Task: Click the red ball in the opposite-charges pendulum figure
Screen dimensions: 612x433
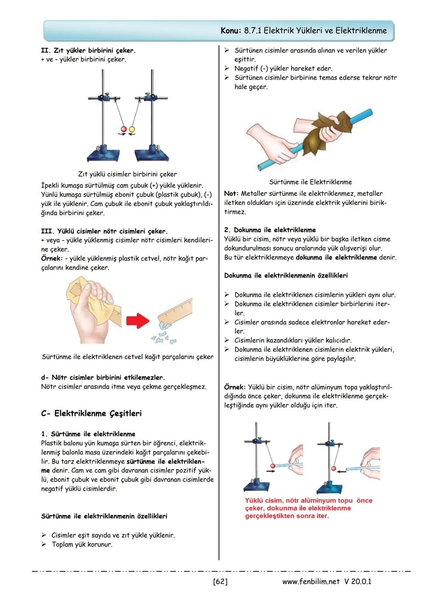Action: [124, 129]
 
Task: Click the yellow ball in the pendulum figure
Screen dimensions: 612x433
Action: [132, 129]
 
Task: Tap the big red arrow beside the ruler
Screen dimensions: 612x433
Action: [138, 321]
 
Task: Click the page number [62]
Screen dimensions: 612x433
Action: [220, 581]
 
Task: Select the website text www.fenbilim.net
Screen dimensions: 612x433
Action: [311, 581]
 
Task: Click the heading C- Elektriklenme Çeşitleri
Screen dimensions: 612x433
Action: [91, 413]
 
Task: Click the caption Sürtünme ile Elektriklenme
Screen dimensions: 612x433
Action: [310, 182]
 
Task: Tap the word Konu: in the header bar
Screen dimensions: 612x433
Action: [231, 31]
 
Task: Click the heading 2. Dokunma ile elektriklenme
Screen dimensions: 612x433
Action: [270, 230]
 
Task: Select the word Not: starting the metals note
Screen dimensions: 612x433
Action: [231, 194]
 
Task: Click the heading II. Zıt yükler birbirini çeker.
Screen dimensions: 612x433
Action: [88, 50]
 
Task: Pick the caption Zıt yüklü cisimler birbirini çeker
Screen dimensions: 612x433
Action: [127, 174]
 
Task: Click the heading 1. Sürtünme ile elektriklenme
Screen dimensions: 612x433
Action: [88, 434]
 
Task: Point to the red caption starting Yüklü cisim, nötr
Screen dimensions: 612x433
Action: [308, 508]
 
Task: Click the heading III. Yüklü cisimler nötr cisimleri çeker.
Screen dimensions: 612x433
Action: [104, 231]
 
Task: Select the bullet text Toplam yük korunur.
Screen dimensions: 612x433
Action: [82, 544]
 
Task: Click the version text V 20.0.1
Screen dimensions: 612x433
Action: [358, 581]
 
